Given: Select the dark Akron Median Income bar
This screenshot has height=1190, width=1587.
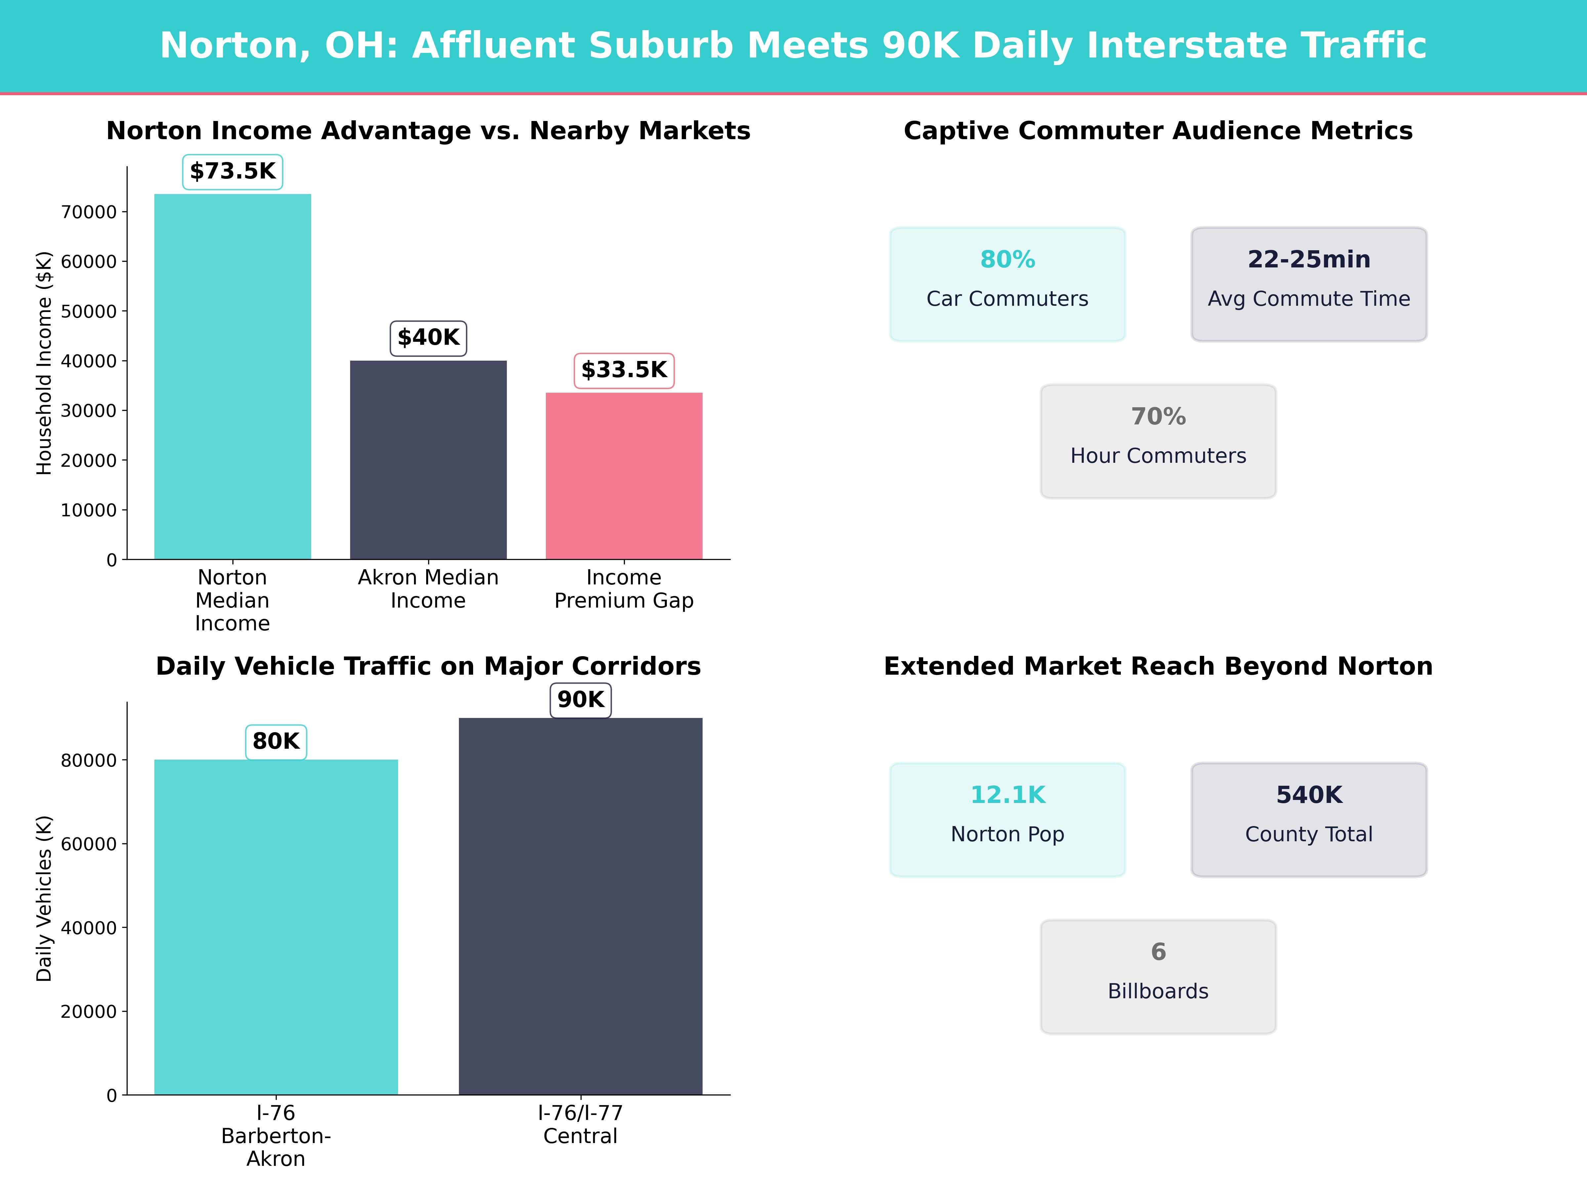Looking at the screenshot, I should (x=428, y=459).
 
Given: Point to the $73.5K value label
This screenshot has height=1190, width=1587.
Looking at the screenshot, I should (x=232, y=172).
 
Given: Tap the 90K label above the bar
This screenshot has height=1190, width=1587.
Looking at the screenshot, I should (x=581, y=699).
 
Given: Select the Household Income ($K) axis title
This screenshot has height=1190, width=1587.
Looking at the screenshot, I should (x=45, y=363).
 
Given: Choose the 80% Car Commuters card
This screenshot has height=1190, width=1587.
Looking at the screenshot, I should (x=1007, y=284).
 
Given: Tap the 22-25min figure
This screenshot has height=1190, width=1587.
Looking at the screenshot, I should (x=1309, y=260).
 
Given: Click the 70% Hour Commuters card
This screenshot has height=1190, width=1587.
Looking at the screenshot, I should (x=1158, y=441).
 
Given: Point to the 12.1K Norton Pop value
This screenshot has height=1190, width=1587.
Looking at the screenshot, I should (x=1007, y=795).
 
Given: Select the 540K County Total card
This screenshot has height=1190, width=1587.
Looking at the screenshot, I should (x=1309, y=819).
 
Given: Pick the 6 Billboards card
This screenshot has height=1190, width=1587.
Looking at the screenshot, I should (x=1158, y=976).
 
